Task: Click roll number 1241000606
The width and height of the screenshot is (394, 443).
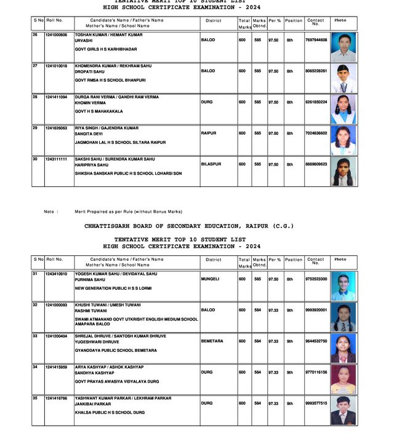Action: [56, 35]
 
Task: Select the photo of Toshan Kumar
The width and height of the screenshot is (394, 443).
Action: [343, 47]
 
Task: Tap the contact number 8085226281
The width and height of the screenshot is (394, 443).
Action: [316, 71]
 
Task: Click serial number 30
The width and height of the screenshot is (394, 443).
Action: [35, 159]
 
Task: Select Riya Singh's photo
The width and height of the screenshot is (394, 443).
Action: [343, 140]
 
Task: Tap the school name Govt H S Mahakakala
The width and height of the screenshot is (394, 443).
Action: [98, 111]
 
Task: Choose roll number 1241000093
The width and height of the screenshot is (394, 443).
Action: [56, 305]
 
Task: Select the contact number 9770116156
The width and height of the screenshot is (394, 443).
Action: [316, 372]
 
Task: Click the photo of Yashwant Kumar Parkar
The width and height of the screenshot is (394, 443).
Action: [343, 410]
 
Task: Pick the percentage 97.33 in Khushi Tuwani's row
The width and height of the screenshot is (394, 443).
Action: [273, 310]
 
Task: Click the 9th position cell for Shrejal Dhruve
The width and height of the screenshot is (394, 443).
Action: [290, 341]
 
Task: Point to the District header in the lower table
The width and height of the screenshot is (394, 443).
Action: [214, 260]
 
